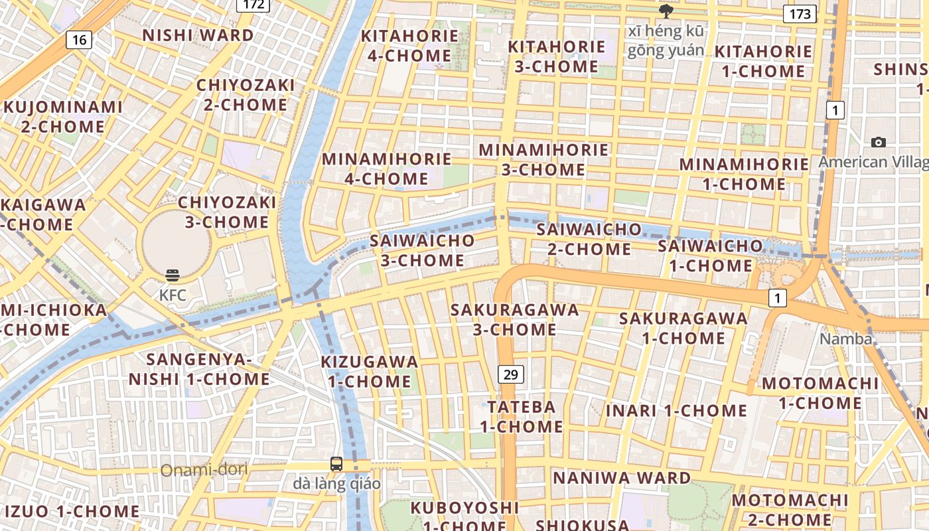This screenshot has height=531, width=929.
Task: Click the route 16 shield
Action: (79, 40)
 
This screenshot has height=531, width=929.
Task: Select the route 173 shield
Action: (799, 13)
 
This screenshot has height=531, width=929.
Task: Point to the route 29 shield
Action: (510, 374)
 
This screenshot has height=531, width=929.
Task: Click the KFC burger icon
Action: (173, 275)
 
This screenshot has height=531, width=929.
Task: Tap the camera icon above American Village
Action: (879, 142)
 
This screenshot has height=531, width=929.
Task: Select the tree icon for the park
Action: (666, 11)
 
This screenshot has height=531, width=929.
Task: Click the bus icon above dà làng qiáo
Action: (336, 464)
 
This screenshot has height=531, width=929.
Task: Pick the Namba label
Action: (846, 339)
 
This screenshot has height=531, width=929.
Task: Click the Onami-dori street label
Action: (204, 470)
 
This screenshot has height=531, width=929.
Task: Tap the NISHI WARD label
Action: (198, 35)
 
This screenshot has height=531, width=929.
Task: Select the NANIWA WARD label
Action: (622, 478)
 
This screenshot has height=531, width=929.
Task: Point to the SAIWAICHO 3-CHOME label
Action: (423, 250)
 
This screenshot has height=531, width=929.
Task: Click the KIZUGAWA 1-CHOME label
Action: (370, 372)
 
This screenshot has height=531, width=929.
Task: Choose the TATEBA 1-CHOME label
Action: (522, 416)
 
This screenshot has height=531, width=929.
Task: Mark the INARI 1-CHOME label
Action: (676, 410)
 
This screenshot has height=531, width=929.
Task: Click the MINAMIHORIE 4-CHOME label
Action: (387, 169)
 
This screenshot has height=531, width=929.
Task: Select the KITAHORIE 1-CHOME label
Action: (763, 61)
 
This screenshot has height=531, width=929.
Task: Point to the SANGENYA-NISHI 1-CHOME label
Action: (199, 369)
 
